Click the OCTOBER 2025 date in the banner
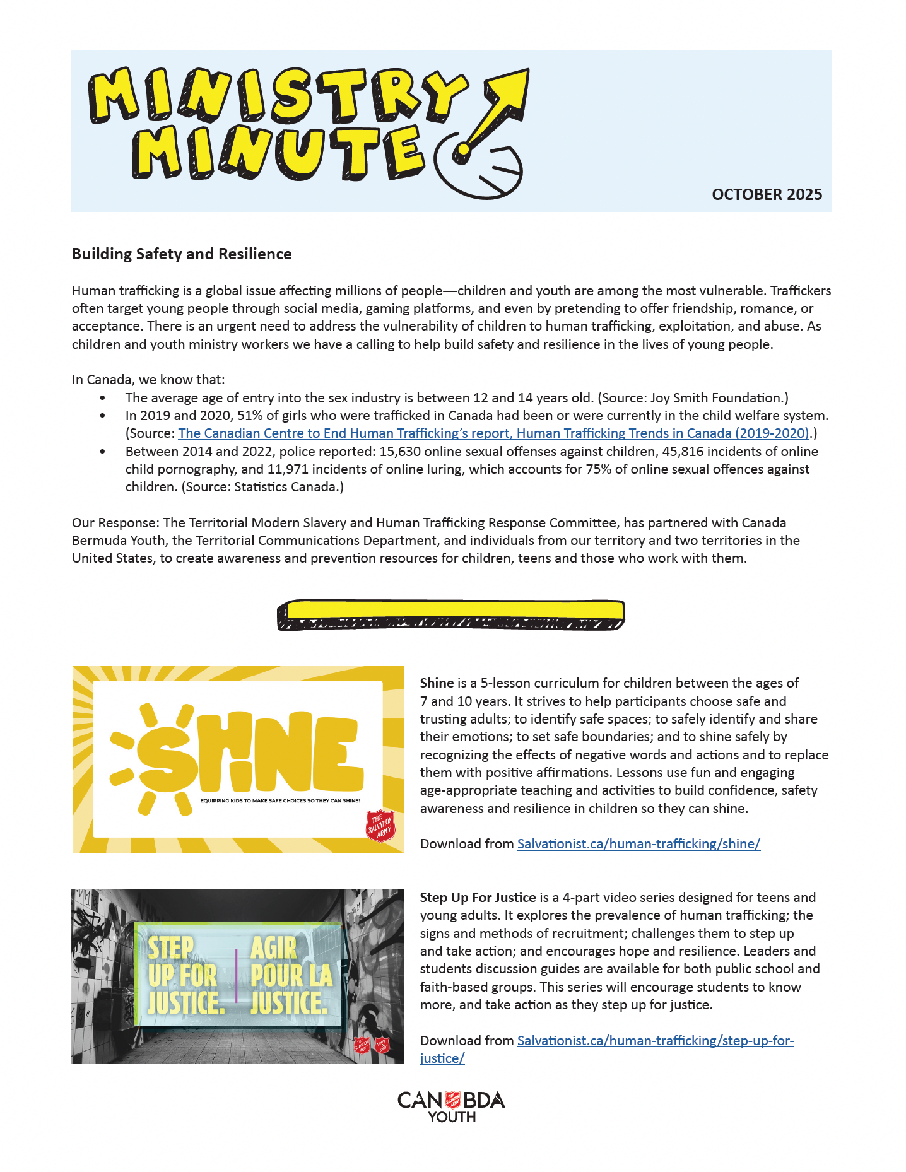[767, 194]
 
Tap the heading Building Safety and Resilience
[182, 254]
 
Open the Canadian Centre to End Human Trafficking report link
[493, 433]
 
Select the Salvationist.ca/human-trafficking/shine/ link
[638, 843]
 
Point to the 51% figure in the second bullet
[249, 416]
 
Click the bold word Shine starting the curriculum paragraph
[437, 683]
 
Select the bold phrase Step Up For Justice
[478, 897]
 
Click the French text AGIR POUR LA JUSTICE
[290, 975]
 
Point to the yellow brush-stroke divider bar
[451, 614]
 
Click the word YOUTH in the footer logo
[452, 1117]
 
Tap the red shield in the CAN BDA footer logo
[452, 1100]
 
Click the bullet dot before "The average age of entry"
[103, 398]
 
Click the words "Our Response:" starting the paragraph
[115, 523]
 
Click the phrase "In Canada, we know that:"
[148, 380]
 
